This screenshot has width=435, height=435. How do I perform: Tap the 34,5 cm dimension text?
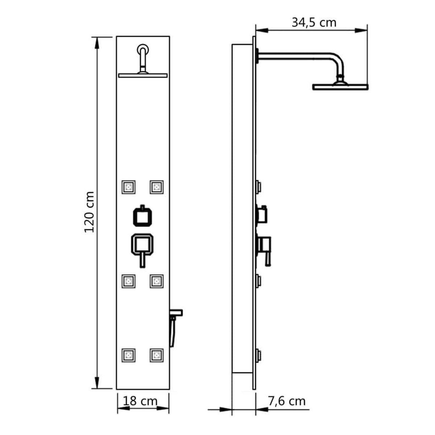point(314,22)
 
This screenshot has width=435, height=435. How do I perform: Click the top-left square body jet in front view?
point(128,187)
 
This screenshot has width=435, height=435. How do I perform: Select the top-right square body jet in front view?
point(156,187)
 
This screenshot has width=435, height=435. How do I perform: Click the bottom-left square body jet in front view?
point(128,355)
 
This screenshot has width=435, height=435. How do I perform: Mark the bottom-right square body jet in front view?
point(156,355)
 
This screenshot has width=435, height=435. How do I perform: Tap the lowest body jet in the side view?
point(259,355)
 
